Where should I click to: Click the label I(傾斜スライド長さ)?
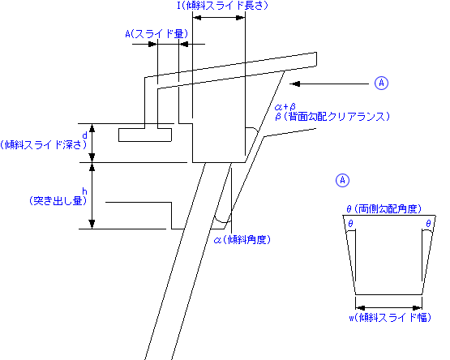click(x=222, y=6)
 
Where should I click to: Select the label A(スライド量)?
click(x=156, y=34)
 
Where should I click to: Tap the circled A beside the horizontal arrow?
click(x=381, y=84)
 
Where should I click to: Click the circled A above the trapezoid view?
click(x=342, y=180)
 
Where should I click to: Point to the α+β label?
click(x=285, y=107)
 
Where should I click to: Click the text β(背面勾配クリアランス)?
click(x=332, y=117)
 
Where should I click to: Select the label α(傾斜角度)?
click(x=242, y=239)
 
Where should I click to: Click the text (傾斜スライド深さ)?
click(x=43, y=145)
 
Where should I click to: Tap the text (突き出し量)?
click(x=58, y=200)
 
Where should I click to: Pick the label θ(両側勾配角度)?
click(x=384, y=209)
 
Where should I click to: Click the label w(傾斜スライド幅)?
click(x=390, y=318)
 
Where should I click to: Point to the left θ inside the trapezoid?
click(x=350, y=223)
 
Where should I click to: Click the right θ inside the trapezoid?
click(x=428, y=223)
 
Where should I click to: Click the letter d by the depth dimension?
click(x=84, y=135)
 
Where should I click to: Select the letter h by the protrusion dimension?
click(x=84, y=191)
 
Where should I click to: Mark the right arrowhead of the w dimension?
click(x=418, y=308)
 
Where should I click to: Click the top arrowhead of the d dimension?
click(x=92, y=128)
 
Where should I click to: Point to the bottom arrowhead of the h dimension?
click(x=92, y=225)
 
